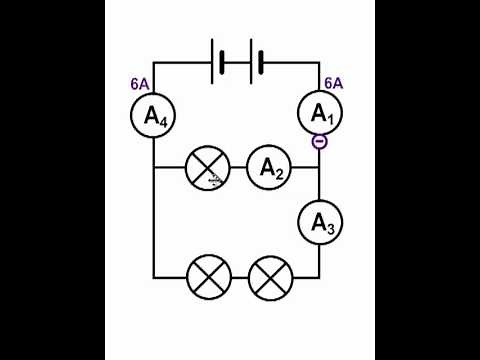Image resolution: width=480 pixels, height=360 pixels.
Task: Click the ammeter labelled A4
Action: (154, 116)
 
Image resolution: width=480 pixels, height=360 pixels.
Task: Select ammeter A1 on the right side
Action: (320, 116)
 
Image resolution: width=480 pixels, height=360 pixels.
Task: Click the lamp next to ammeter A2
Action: (209, 169)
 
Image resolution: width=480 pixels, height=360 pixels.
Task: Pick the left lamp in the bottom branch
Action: (209, 276)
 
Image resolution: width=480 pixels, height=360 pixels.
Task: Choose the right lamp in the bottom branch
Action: (268, 276)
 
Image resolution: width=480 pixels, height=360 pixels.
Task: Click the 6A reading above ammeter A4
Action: (140, 84)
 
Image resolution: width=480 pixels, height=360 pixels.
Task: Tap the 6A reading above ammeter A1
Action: (334, 84)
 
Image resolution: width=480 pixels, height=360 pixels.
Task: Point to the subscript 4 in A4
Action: (163, 121)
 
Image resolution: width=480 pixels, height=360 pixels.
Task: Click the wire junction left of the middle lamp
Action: (154, 169)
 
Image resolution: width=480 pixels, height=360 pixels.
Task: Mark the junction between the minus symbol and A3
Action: (320, 169)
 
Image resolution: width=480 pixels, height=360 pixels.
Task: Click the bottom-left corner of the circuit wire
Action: (154, 276)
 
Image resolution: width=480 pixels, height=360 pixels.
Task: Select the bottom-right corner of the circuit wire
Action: (320, 276)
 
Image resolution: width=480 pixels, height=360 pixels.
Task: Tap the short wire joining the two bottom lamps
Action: (238, 276)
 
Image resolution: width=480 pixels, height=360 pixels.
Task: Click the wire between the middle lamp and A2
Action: (238, 169)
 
